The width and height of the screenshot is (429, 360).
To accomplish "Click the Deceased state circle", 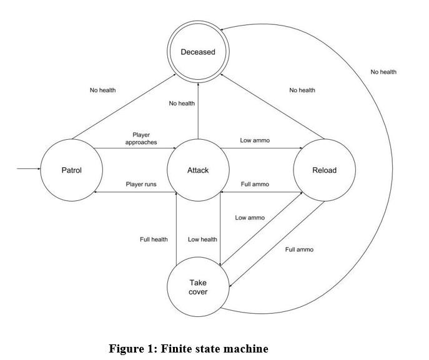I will [x=198, y=52].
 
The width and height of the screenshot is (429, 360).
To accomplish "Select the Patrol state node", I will [x=71, y=170].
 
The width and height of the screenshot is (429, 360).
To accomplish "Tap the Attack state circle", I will [x=198, y=170].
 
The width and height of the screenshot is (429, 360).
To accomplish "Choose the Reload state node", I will [x=324, y=170].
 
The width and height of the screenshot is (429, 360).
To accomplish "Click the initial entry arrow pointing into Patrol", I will [x=28, y=169].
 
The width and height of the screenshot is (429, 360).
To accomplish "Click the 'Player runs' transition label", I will [x=141, y=184].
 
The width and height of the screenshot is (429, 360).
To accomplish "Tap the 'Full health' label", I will [x=154, y=240].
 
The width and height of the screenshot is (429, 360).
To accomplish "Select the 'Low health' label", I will [x=202, y=240].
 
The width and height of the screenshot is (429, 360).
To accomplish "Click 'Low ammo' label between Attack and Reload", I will [x=255, y=140].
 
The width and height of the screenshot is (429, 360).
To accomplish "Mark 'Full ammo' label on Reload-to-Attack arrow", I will [x=255, y=184].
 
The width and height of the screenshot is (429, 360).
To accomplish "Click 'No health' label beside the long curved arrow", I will [x=383, y=72].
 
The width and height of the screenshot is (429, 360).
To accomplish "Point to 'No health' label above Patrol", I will [x=103, y=90].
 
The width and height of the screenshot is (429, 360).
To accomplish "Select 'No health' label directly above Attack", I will [x=182, y=104].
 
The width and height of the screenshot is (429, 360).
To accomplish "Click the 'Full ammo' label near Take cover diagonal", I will [x=299, y=250].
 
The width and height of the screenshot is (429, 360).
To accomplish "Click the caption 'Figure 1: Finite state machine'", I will [x=189, y=349].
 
